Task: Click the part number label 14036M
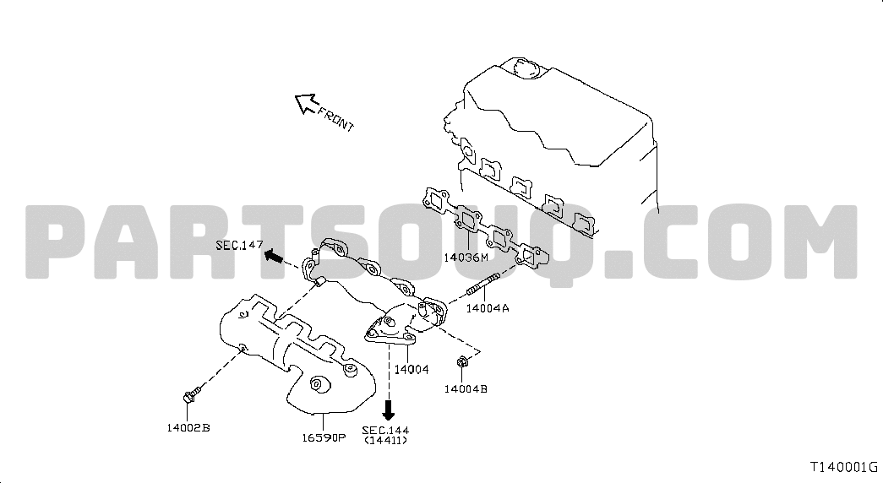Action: pos(466,258)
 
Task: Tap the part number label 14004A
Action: pos(488,308)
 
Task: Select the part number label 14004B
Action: pos(466,388)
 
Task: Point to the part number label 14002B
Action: pos(188,427)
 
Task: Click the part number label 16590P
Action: pos(324,437)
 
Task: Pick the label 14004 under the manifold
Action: pos(412,369)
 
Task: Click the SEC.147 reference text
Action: pos(239,245)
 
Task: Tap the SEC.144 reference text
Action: pos(386,430)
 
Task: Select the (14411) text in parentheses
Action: pos(386,440)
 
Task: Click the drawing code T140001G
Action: pos(844,467)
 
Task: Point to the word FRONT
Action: pos(336,119)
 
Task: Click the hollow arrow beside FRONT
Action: pos(306,103)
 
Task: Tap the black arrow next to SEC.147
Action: pos(273,256)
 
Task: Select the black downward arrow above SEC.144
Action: pos(388,410)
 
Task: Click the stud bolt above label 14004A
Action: pos(482,284)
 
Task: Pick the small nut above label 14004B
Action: pos(461,361)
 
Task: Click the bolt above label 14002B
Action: pos(192,394)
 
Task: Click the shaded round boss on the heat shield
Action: pos(319,383)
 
